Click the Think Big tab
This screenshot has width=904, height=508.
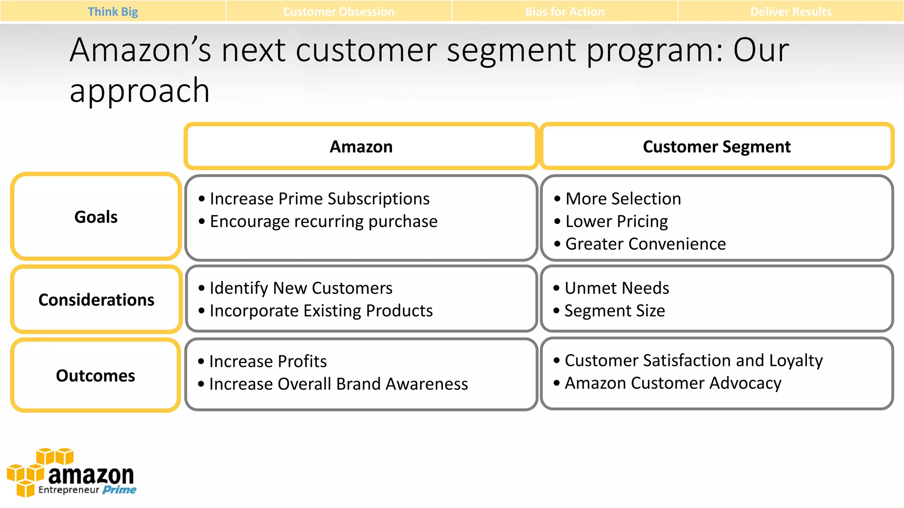tap(113, 11)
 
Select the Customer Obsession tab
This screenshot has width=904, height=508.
tap(339, 11)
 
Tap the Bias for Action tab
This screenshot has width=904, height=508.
tap(565, 11)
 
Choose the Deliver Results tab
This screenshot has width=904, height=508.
tap(791, 11)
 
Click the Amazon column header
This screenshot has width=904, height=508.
tap(361, 146)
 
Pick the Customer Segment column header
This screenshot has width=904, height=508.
tap(716, 146)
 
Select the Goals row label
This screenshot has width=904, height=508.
tap(96, 217)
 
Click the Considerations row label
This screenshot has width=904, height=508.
tap(96, 299)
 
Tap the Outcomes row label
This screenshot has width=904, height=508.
tap(95, 375)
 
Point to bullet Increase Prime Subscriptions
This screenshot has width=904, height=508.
tap(319, 198)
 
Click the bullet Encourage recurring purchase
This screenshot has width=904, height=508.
tap(323, 221)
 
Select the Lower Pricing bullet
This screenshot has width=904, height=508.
tap(616, 221)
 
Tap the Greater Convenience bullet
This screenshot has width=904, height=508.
tap(645, 244)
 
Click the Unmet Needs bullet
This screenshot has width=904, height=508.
tap(617, 288)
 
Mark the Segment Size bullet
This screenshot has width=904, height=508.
tap(614, 310)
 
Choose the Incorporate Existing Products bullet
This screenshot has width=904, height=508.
tap(321, 310)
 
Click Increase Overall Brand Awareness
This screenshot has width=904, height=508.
tap(338, 384)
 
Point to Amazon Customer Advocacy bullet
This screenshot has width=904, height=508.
tap(673, 383)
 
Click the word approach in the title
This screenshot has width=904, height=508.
tap(139, 90)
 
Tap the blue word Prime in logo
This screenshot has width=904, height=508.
tap(119, 489)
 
